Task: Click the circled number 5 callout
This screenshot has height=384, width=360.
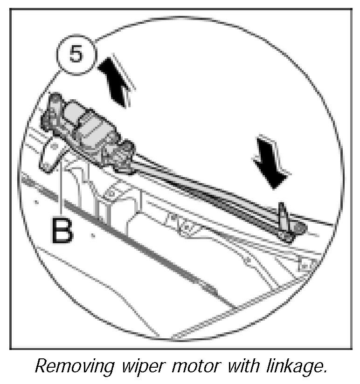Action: click(76, 55)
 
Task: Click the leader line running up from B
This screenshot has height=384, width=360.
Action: click(62, 186)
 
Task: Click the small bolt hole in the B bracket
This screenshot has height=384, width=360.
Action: click(54, 147)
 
